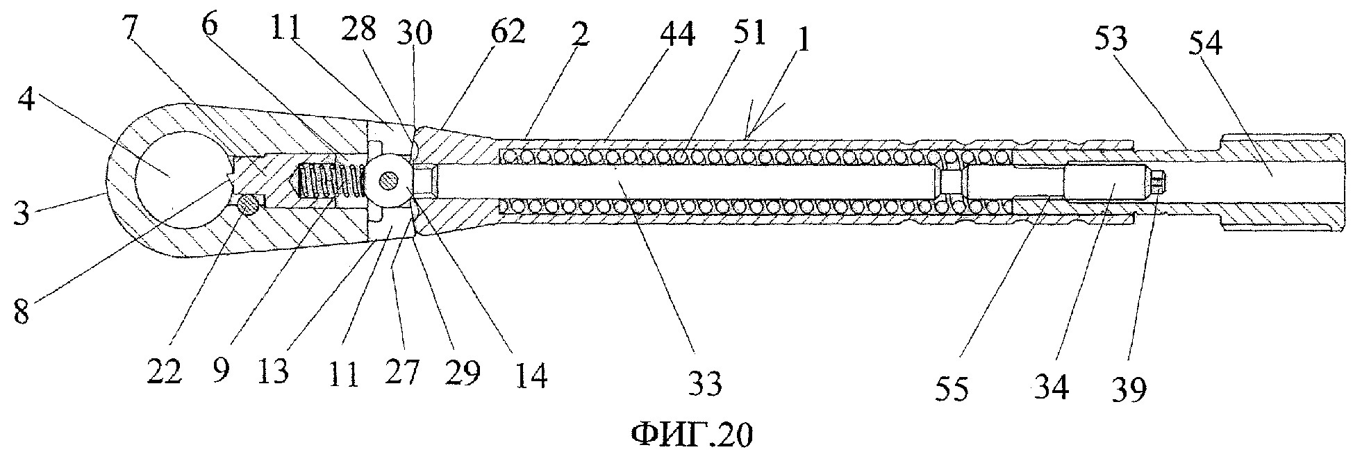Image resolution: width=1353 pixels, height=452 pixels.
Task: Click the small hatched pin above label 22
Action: pos(249,205)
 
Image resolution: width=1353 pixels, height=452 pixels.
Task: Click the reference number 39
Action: pos(1130,390)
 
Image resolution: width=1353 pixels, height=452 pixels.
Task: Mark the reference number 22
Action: pos(164,374)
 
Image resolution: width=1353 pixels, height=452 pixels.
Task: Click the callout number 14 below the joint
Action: pos(531,376)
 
